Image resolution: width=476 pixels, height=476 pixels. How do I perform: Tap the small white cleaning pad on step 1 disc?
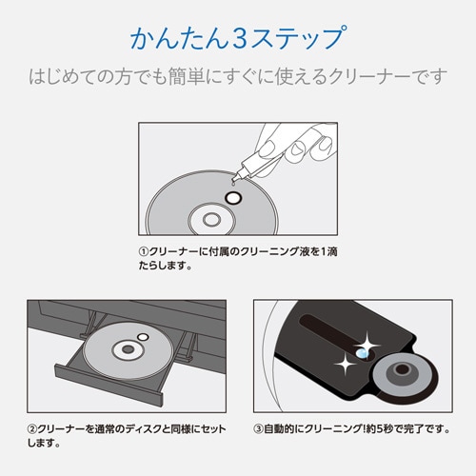230,199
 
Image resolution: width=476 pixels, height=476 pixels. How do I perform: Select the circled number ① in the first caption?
143,252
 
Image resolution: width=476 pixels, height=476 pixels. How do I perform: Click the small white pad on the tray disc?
143,337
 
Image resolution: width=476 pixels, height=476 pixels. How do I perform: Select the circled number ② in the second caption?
31,428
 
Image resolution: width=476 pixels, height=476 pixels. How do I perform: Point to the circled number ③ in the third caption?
259,428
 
